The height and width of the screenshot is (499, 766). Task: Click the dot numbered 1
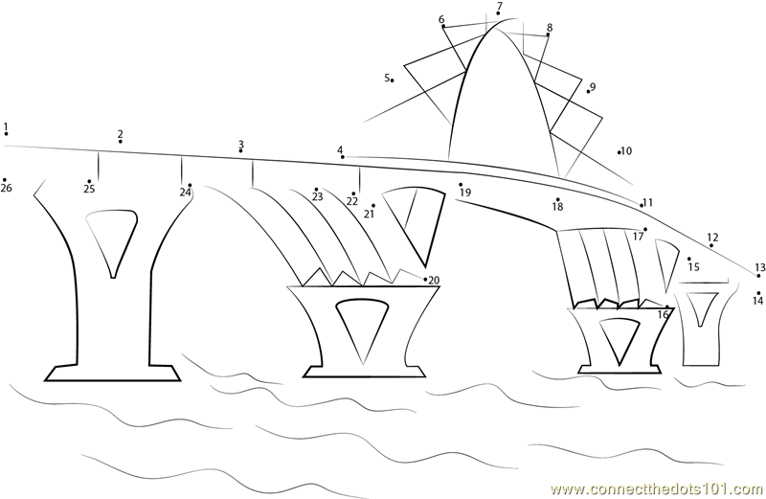point(6,133)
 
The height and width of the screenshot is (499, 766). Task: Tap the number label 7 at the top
point(499,7)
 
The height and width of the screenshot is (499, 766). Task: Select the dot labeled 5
point(393,80)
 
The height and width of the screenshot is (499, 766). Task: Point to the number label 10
point(626,151)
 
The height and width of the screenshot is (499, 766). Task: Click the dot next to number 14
point(758,293)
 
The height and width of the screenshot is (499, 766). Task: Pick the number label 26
point(7,188)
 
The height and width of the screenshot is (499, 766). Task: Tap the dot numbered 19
point(461,185)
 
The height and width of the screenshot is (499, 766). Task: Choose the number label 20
point(434,281)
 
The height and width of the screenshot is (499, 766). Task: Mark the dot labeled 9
point(588,91)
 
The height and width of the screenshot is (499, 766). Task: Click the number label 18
point(557,207)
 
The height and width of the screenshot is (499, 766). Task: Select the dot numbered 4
point(343,157)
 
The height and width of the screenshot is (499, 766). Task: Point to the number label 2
point(121,134)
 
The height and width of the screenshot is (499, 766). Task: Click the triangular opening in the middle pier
point(363,330)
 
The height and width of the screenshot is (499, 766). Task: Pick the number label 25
point(89,189)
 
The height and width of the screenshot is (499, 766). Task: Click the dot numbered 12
point(711,245)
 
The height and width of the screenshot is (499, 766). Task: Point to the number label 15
point(693,267)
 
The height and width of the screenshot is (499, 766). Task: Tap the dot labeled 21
point(373,206)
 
